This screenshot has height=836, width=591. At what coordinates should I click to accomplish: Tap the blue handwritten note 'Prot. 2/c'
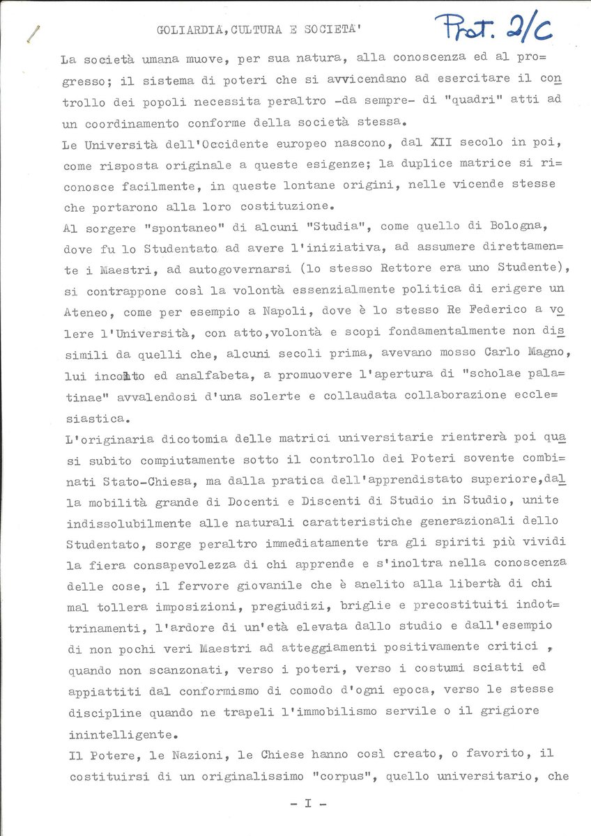point(493,28)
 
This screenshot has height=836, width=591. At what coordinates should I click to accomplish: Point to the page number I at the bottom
point(307,803)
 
